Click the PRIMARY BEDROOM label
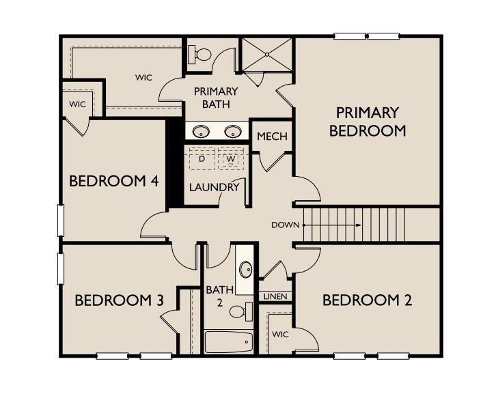368,122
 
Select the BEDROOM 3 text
120,300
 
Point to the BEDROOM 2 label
367,300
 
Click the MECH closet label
272,137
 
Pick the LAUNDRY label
214,187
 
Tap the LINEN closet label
275,296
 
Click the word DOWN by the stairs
285,225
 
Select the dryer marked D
202,159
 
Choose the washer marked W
231,159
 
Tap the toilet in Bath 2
239,312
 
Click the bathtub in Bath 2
228,341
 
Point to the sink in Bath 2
245,268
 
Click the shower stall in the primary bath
266,55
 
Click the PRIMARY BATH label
216,98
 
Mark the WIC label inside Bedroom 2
281,335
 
